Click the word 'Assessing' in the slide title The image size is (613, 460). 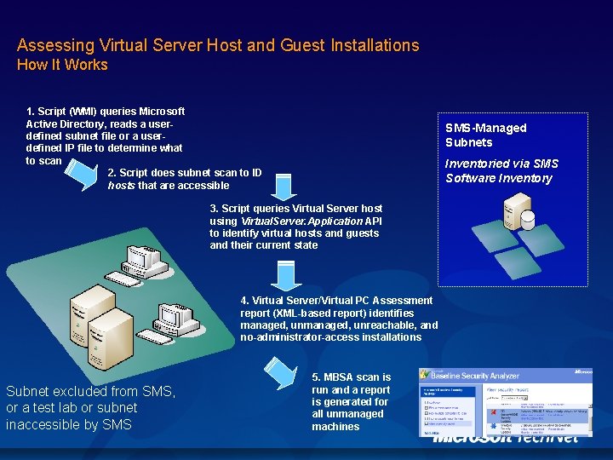[x=54, y=45]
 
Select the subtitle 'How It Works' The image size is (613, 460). [x=62, y=65]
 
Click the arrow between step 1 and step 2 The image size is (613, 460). [x=82, y=171]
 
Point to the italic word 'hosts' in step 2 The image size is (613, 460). [x=121, y=186]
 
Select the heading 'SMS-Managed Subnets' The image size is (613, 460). [x=485, y=135]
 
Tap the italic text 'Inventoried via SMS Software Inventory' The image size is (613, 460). [x=501, y=170]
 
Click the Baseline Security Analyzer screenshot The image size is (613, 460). [x=505, y=402]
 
